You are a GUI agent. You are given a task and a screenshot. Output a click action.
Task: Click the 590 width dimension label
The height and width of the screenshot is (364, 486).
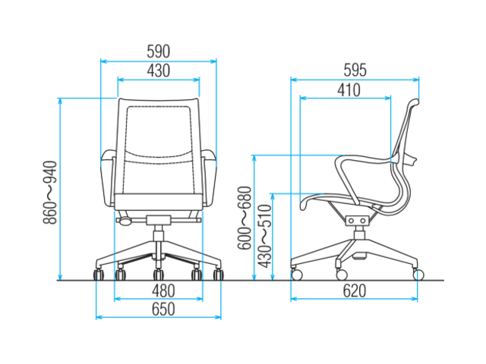pyautogui.click(x=159, y=52)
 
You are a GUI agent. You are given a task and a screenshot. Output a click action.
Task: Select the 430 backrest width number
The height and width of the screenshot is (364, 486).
pyautogui.click(x=159, y=71)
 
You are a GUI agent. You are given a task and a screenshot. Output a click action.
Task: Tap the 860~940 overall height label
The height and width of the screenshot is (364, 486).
pyautogui.click(x=50, y=192)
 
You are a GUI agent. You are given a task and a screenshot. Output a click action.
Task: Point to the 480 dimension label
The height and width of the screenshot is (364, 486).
pyautogui.click(x=163, y=290)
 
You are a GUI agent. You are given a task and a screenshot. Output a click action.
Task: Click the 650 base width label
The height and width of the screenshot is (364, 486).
pyautogui.click(x=163, y=309)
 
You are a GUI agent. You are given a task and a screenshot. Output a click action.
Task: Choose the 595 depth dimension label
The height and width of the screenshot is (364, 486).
pyautogui.click(x=355, y=71)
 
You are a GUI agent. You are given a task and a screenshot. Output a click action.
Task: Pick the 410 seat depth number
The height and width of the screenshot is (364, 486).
pyautogui.click(x=349, y=90)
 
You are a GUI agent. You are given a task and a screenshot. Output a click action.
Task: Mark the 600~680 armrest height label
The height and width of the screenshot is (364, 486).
pyautogui.click(x=245, y=218)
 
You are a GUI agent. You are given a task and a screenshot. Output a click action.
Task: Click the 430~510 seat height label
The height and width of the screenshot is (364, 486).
pyautogui.click(x=265, y=236)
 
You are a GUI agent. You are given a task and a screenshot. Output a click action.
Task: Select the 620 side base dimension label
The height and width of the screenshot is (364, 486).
pyautogui.click(x=355, y=290)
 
